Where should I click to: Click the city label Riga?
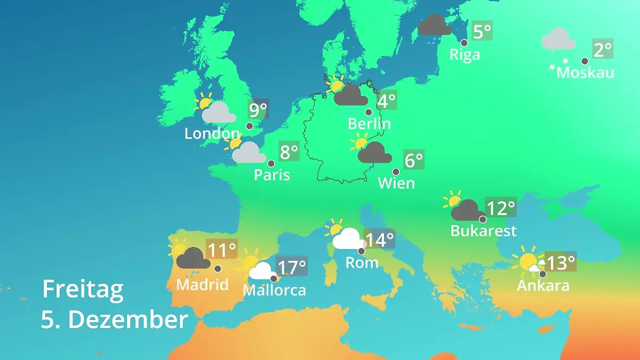tap(465, 54)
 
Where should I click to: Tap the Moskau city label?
tap(585, 73)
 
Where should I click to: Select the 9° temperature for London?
tap(258, 110)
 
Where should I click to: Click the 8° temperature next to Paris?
tap(289, 153)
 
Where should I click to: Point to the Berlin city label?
tap(369, 124)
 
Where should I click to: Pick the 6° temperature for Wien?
tap(414, 160)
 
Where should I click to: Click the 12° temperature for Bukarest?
tap(501, 207)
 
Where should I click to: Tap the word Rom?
tap(362, 262)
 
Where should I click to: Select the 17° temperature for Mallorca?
tap(292, 267)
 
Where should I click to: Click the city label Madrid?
tap(202, 284)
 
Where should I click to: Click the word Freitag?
tap(83, 290)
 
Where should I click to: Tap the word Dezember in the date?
tap(128, 320)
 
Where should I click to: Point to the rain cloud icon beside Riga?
tap(435, 25)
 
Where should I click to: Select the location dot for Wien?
tap(396, 172)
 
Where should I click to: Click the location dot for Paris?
tap(271, 164)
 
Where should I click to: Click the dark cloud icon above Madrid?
tap(193, 259)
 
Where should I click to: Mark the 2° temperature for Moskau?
tap(603, 50)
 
